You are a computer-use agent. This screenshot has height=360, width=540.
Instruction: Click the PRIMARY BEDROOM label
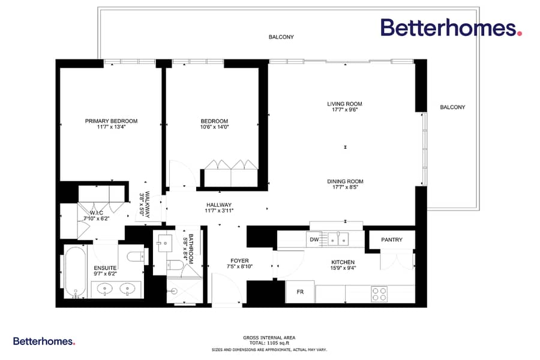click(111, 121)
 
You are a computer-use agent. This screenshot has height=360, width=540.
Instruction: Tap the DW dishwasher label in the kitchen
click(314, 239)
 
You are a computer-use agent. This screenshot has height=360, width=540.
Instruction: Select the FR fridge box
click(300, 292)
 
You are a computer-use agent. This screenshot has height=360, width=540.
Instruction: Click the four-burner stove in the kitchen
click(379, 294)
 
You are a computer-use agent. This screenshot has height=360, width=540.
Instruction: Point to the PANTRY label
click(392, 240)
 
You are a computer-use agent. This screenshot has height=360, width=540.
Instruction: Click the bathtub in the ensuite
click(76, 272)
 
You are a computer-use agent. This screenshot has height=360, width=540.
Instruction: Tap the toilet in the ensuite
click(137, 257)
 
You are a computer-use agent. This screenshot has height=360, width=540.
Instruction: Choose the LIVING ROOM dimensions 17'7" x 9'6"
click(345, 110)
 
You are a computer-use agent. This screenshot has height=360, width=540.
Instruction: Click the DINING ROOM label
click(345, 182)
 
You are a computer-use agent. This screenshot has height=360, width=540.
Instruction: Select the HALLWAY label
click(219, 205)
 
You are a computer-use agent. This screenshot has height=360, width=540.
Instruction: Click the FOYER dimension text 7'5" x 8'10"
click(239, 266)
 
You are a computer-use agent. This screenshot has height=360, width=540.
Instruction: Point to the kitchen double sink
click(338, 239)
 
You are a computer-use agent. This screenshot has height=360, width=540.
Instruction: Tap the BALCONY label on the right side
click(452, 107)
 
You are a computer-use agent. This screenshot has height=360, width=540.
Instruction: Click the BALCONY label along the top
click(281, 37)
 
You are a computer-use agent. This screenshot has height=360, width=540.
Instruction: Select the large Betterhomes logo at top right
click(451, 28)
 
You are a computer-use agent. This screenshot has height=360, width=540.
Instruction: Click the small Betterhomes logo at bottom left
click(44, 341)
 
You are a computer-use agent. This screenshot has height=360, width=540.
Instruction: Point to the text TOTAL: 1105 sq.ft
click(269, 343)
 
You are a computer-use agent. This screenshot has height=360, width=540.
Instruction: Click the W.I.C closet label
click(97, 213)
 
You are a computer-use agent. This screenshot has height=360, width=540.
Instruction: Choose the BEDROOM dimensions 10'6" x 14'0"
click(215, 127)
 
